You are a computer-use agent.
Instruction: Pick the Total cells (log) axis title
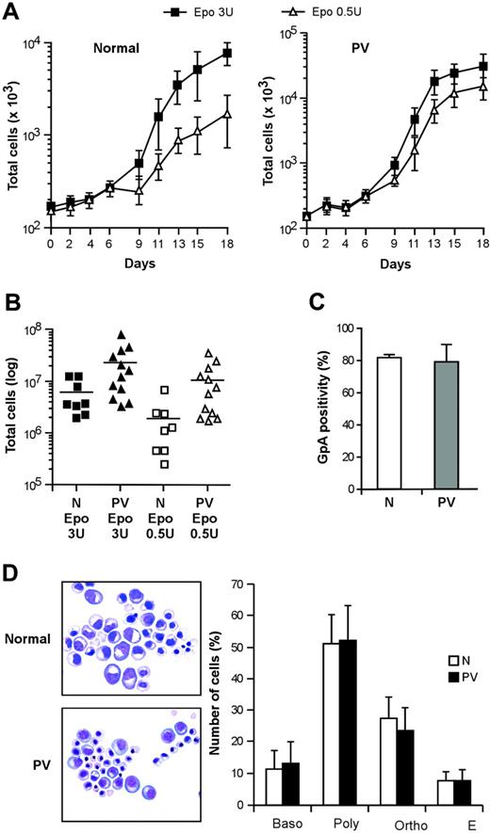(x=16, y=408)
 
